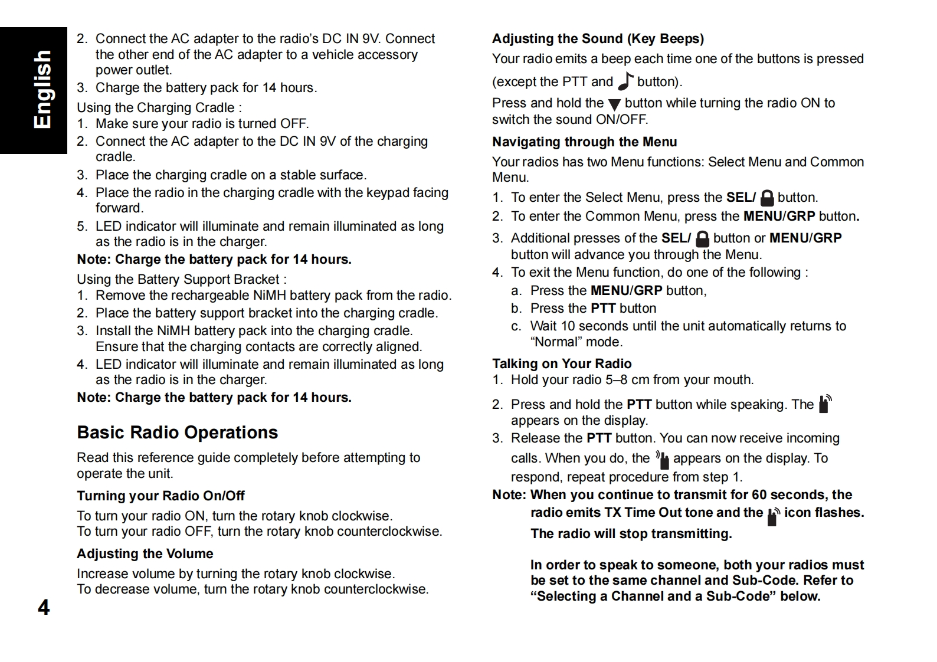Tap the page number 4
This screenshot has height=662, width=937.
click(44, 607)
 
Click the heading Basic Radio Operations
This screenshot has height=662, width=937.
click(177, 432)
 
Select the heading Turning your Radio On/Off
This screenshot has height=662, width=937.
click(160, 496)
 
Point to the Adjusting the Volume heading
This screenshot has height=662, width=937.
click(145, 553)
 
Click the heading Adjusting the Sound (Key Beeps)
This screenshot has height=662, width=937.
click(598, 39)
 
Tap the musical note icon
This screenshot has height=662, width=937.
click(625, 81)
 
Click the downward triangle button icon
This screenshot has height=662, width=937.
click(614, 104)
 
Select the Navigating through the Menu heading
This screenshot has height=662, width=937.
click(584, 142)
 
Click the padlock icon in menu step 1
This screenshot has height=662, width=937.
click(767, 198)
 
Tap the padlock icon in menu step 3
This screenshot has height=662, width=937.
click(702, 238)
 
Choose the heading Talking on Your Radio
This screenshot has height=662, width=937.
click(562, 363)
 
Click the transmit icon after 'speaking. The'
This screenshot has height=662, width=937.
click(825, 404)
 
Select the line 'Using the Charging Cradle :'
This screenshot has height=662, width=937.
click(159, 108)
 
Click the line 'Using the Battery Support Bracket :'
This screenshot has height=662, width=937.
click(182, 280)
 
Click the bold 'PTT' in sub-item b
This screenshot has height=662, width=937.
click(603, 309)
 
